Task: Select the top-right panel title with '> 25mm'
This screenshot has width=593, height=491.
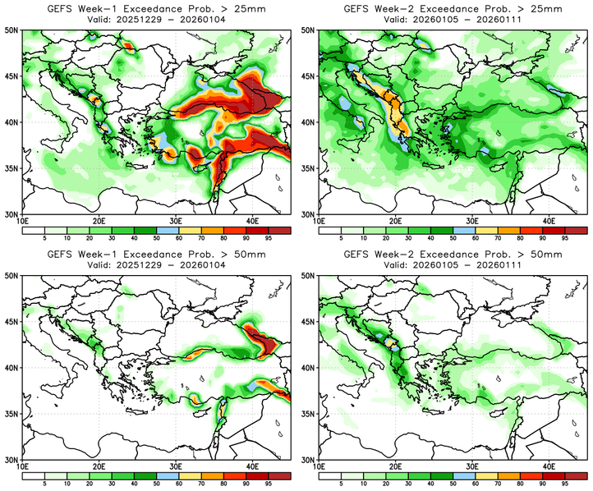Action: pyautogui.click(x=453, y=8)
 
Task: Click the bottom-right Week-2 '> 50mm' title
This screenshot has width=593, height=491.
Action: pyautogui.click(x=453, y=255)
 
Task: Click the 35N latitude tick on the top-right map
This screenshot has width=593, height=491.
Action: pyautogui.click(x=310, y=168)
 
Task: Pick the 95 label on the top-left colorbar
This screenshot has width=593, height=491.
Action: pyautogui.click(x=269, y=240)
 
